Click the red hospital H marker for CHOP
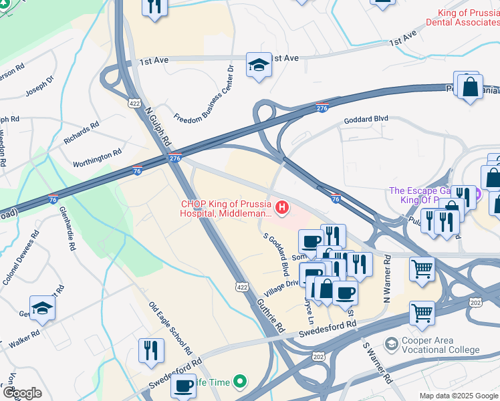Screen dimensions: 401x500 tap(282, 209)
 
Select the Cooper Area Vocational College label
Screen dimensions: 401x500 tap(441, 345)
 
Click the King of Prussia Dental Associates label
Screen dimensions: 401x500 tap(468, 18)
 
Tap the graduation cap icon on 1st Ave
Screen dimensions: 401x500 tap(259, 65)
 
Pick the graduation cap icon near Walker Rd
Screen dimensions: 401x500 tap(43, 308)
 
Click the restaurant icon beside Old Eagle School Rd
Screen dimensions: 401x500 tap(151, 350)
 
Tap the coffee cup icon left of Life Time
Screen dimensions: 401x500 tap(183, 386)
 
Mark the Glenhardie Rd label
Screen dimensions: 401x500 tap(67, 228)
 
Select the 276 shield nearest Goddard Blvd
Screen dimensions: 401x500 tap(322, 108)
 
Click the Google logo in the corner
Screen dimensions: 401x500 tap(21, 393)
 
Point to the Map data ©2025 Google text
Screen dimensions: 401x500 tap(458, 396)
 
